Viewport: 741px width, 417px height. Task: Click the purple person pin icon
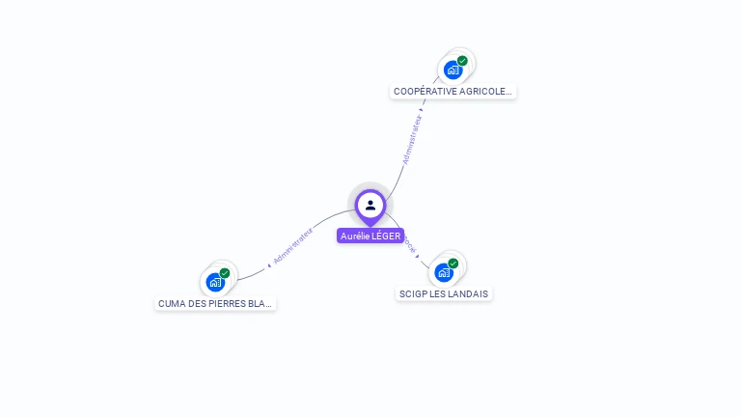click(x=370, y=205)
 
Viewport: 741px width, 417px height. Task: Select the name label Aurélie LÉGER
click(x=370, y=236)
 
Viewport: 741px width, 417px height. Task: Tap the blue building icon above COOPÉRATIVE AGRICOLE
click(x=452, y=69)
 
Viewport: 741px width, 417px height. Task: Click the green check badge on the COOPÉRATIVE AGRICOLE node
click(x=462, y=61)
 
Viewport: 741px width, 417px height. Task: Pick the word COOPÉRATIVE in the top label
click(x=425, y=92)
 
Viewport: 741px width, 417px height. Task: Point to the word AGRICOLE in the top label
click(x=485, y=92)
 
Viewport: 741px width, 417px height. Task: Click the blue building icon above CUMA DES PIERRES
click(x=214, y=282)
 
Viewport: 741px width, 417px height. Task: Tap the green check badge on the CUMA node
click(x=225, y=273)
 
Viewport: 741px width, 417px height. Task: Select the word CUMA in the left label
click(x=171, y=303)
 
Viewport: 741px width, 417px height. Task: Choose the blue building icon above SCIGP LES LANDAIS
click(x=443, y=272)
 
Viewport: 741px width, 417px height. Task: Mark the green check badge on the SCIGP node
click(x=453, y=264)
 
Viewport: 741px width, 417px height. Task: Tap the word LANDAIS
click(x=468, y=293)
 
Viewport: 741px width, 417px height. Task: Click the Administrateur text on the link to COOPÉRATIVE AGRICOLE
click(x=412, y=141)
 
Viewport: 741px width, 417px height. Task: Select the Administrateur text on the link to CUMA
click(x=293, y=245)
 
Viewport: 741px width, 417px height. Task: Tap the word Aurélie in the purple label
click(x=355, y=236)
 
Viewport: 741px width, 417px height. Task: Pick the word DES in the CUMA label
click(x=197, y=303)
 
